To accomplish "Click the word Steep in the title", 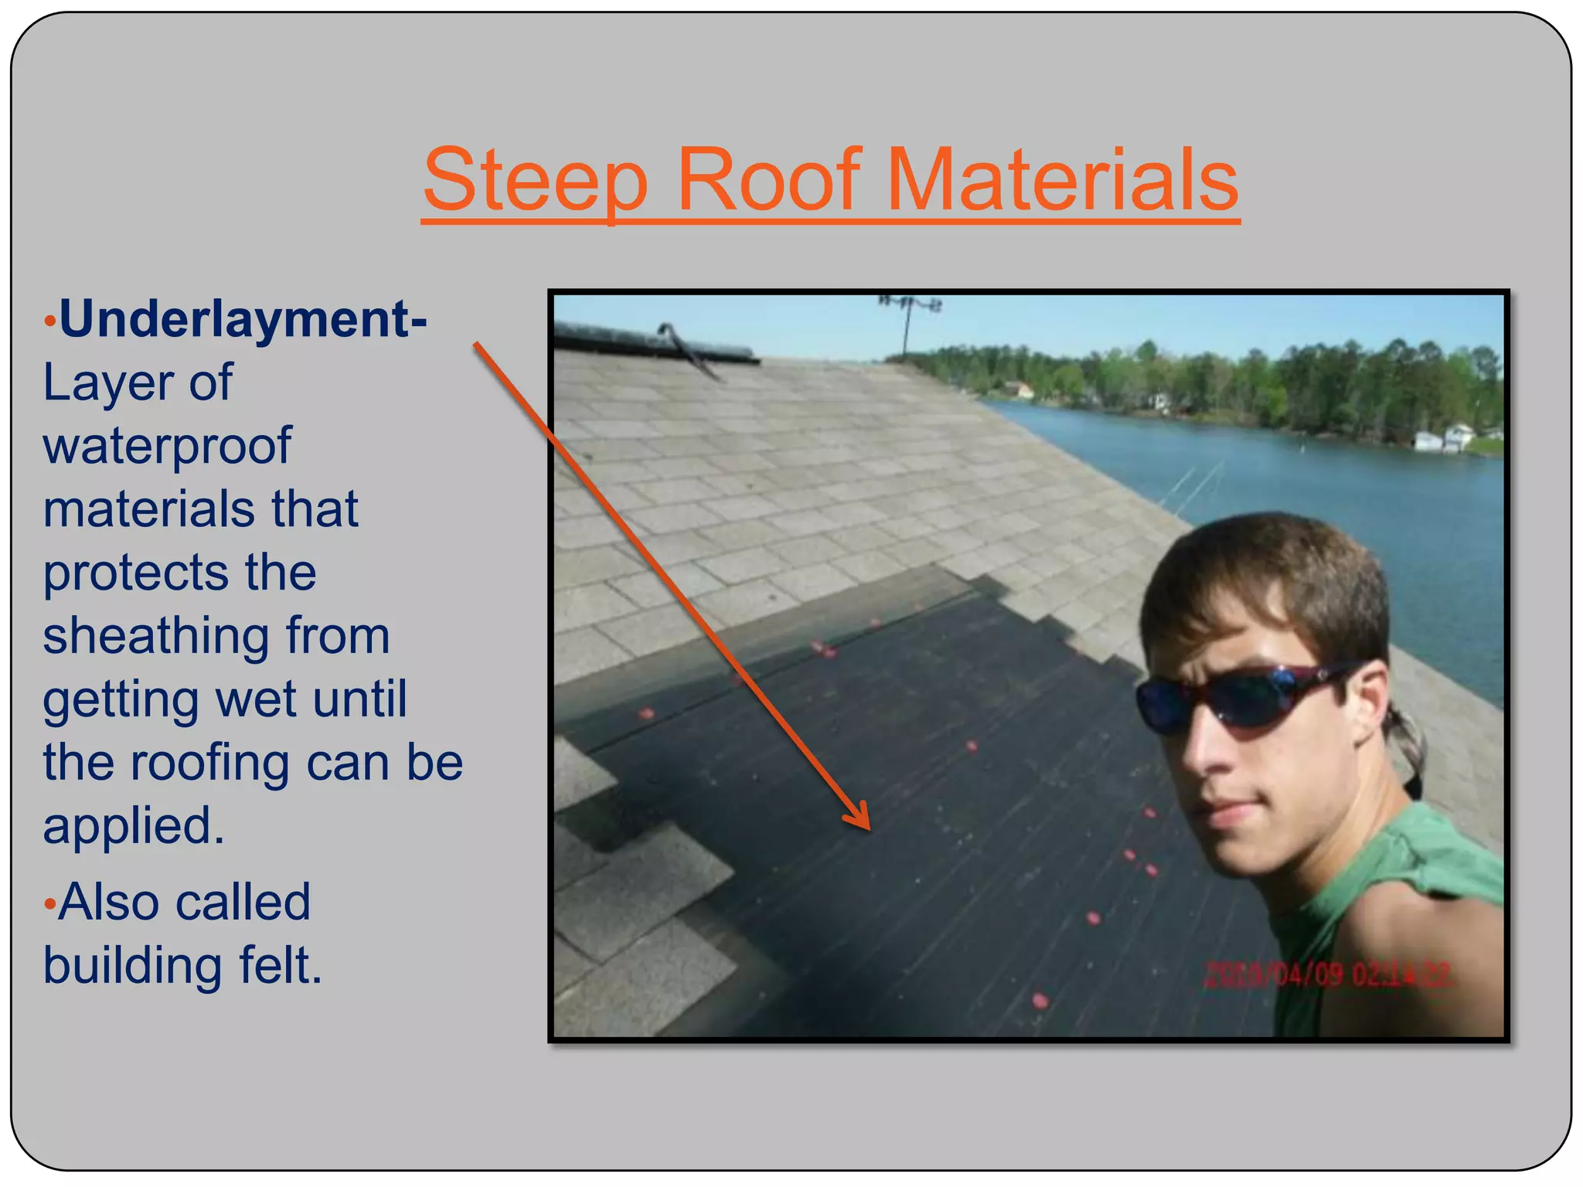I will tap(535, 181).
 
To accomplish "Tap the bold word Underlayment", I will tap(242, 318).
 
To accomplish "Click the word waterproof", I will tap(167, 446).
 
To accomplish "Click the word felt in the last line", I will tap(280, 965).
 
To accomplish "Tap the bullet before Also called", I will tap(49, 903).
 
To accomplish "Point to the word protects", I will tap(135, 573).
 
